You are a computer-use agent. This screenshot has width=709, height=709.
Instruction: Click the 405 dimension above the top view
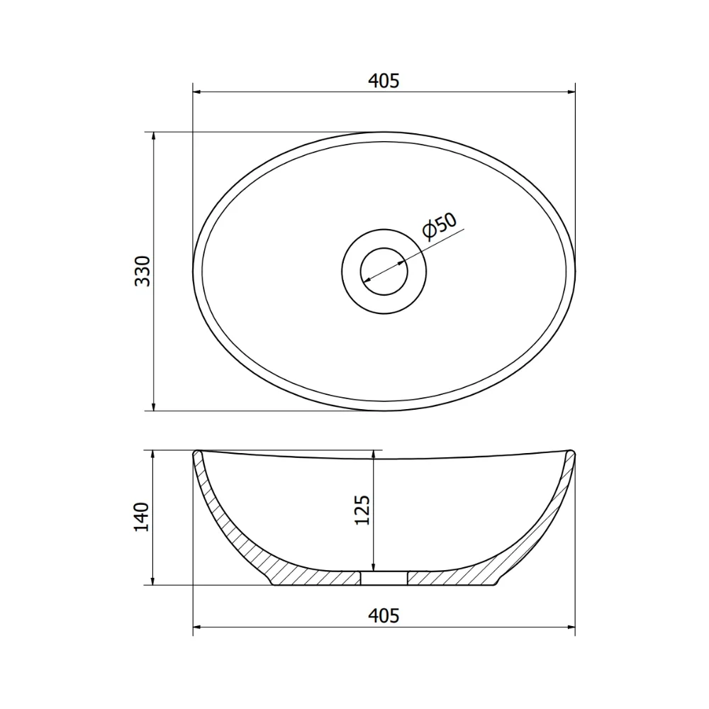click(384, 81)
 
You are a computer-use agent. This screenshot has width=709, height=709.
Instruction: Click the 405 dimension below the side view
click(384, 616)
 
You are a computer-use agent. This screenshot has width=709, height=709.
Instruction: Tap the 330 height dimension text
click(143, 271)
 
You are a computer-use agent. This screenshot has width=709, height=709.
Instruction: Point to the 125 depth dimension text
click(362, 510)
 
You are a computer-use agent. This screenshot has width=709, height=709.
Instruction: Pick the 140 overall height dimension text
click(142, 517)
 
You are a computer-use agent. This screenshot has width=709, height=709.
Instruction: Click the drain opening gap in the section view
click(384, 578)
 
